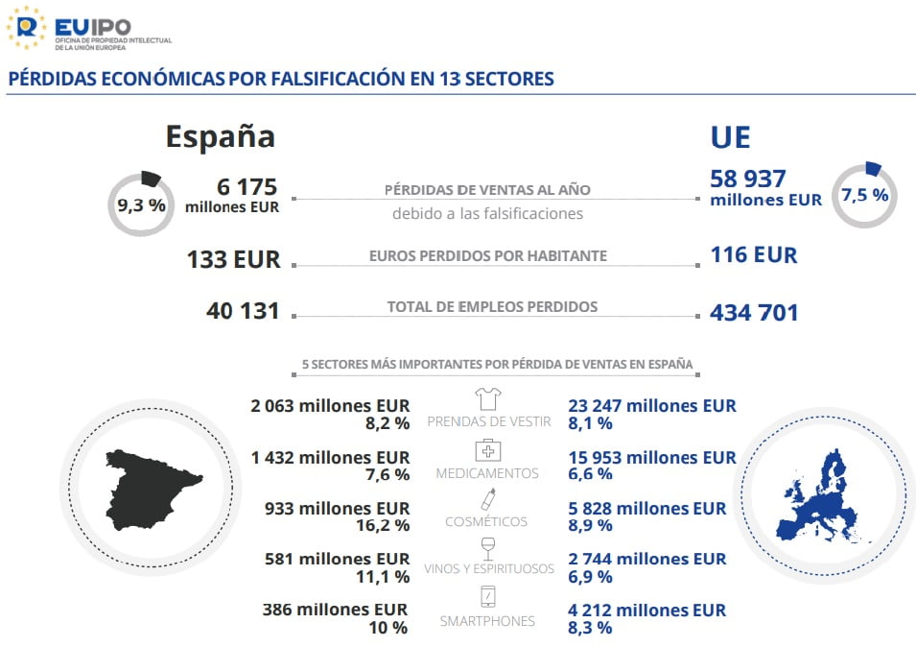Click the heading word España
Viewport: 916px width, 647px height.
click(x=220, y=136)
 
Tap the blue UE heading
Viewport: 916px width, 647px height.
click(x=730, y=137)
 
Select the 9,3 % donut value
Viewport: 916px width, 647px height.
click(x=141, y=204)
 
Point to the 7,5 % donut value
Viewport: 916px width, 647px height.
click(x=864, y=195)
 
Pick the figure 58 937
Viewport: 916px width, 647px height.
click(x=748, y=179)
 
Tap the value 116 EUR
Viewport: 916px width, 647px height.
click(x=753, y=255)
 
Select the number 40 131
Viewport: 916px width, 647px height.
click(x=243, y=311)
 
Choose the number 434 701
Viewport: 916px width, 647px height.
click(x=754, y=313)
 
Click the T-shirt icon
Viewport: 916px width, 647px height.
click(x=488, y=398)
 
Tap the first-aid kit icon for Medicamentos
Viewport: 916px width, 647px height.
click(x=488, y=450)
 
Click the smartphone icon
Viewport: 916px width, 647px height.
click(x=488, y=597)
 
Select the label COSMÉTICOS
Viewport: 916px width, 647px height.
click(x=486, y=522)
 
